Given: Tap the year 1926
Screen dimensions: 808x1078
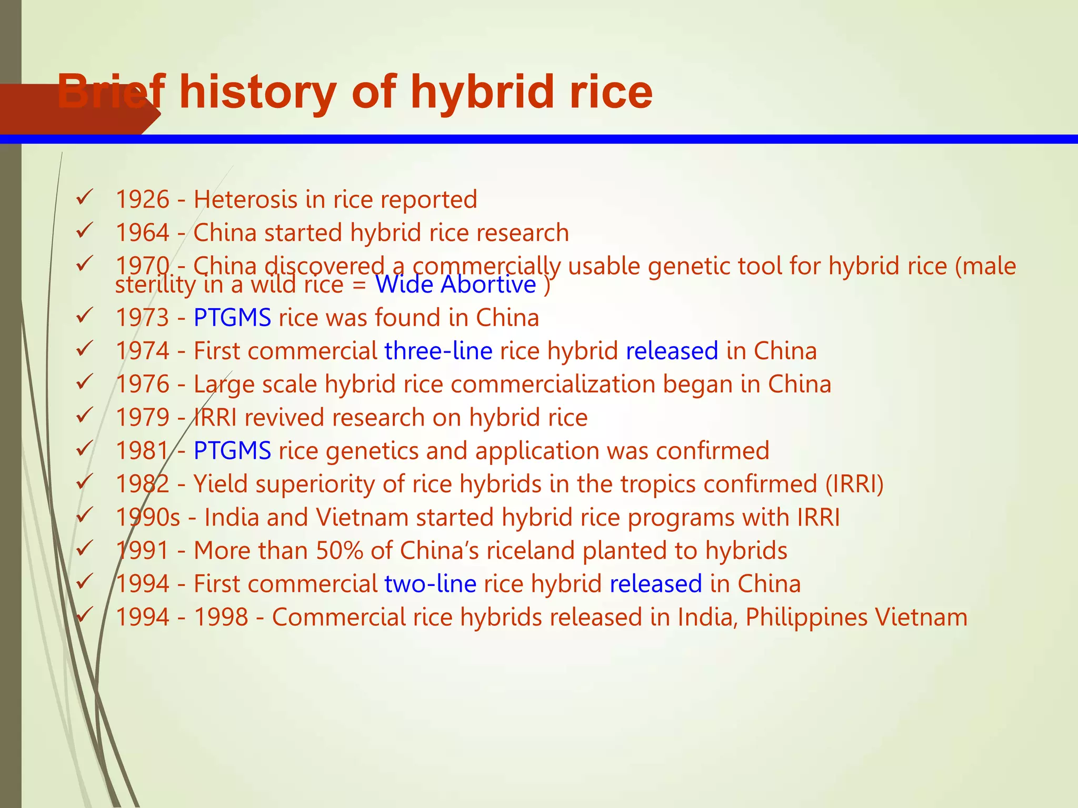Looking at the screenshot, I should (142, 200).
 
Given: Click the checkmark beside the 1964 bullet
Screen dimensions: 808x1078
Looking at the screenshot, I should (84, 230).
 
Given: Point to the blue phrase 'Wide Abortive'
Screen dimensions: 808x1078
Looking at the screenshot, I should (455, 285).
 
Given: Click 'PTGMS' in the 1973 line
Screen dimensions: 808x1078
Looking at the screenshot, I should (232, 318).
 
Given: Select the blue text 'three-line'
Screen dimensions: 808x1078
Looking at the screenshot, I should (438, 351).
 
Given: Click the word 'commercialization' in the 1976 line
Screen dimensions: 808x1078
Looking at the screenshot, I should (553, 385).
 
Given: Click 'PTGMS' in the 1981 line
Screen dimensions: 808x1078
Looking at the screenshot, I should (232, 451).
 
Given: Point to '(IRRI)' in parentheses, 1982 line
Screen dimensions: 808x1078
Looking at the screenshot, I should (854, 484).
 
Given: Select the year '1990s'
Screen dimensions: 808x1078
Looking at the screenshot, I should (148, 518).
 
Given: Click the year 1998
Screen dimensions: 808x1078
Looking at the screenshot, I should (221, 618).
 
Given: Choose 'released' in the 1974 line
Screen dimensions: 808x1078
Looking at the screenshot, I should (672, 351).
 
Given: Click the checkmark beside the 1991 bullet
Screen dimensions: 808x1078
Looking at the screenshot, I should (84, 549).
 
